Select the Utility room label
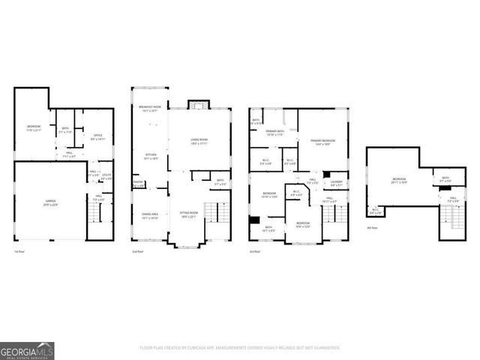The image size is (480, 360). coord(107,176)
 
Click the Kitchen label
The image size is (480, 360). coord(151,157)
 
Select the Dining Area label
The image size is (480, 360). coord(150,215)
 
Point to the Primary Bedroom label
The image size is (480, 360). coord(323,142)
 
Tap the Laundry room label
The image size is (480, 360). coord(336,183)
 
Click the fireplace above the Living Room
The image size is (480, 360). coord(196,104)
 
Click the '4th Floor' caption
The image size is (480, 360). coord(372,226)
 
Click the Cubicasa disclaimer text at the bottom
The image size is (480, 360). coord(240,347)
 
